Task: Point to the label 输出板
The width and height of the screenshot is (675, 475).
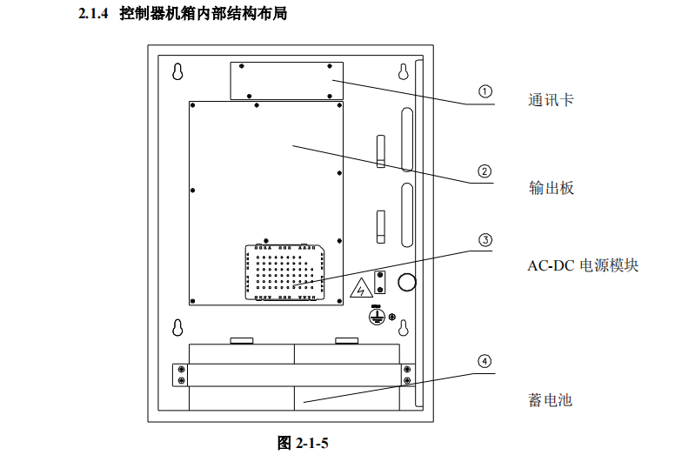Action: tap(551, 188)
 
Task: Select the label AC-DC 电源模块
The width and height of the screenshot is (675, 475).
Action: tap(582, 265)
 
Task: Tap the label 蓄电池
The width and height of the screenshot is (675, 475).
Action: tap(551, 400)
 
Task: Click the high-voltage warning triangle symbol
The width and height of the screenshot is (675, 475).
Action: tap(357, 288)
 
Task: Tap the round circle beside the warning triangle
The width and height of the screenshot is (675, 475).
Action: tap(405, 282)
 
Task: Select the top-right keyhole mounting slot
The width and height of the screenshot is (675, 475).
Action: tap(403, 71)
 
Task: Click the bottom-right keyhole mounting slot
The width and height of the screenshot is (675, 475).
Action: tap(403, 328)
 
